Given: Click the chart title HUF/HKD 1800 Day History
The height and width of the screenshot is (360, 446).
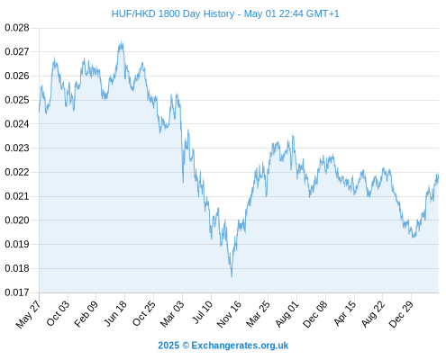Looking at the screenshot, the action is [x=173, y=13].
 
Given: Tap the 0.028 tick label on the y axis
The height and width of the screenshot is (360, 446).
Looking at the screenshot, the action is [x=17, y=28].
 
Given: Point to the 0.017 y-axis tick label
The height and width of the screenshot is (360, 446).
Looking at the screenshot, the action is [x=17, y=292].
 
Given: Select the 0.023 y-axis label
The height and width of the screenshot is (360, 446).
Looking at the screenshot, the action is [x=17, y=148].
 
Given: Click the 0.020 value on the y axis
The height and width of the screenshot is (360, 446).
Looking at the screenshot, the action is [x=17, y=220].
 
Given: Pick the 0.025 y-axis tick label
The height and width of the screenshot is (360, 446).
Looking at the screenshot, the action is [x=17, y=100].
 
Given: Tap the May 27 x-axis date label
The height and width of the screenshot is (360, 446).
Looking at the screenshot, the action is [x=28, y=314].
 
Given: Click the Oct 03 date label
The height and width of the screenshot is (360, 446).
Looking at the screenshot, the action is [x=58, y=313].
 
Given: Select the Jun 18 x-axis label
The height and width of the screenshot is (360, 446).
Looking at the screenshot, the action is [x=115, y=313].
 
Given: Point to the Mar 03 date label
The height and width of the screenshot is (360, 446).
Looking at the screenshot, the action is [x=172, y=313].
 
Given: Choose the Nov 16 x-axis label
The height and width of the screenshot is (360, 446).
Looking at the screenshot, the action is [x=229, y=314].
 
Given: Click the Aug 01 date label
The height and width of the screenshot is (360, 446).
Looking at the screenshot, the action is [x=287, y=313].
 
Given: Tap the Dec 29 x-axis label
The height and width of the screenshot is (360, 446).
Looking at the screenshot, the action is [x=401, y=314].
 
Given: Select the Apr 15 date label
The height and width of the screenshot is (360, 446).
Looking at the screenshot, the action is [x=344, y=313].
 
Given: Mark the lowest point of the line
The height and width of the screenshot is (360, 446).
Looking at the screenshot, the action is [x=232, y=276].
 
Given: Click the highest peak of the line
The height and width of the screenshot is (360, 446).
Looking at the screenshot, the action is [x=122, y=42].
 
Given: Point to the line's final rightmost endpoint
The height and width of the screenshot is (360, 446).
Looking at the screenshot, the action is [x=438, y=177].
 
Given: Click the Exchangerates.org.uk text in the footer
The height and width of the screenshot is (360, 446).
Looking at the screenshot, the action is [x=240, y=346].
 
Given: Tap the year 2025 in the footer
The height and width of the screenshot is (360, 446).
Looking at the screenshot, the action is [x=168, y=346].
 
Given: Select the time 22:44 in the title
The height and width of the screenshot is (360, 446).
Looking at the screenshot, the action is [x=291, y=13].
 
